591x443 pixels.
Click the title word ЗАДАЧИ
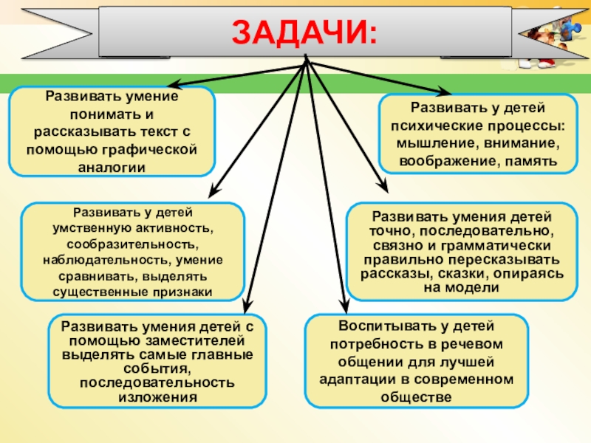pos(304,32)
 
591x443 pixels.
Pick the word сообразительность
pos(132,243)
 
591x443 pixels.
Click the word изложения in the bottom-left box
pos(157,396)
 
